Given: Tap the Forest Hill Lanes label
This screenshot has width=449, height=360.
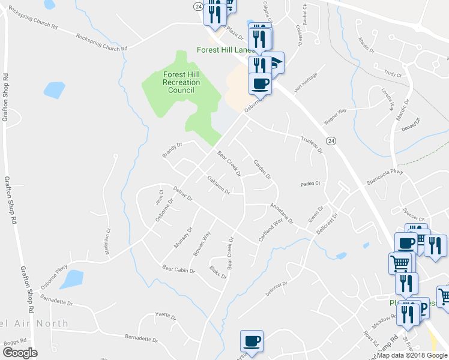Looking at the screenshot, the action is [225, 50].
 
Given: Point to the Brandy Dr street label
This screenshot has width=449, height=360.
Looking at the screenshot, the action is [172, 149].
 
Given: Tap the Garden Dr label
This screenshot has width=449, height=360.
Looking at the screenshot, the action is [262, 170].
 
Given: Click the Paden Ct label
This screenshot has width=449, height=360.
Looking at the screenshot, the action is [311, 184].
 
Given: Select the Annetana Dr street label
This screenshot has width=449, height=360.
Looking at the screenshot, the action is [281, 213].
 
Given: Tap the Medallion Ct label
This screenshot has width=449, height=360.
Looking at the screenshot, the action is [108, 242].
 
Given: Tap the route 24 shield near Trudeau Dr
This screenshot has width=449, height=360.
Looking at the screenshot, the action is [330, 140].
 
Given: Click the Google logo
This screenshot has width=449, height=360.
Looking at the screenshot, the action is [20, 353].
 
